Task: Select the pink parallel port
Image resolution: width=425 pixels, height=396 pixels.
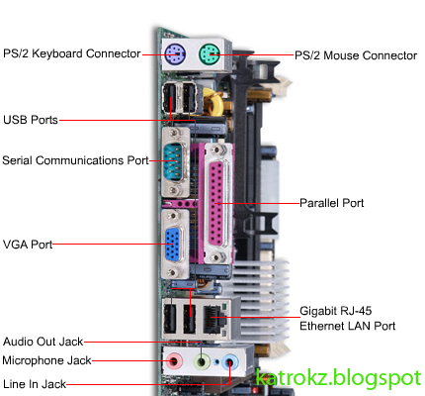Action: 216,203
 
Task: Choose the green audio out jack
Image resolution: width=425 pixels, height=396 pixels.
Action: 204,362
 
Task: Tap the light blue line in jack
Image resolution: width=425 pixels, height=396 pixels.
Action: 230,362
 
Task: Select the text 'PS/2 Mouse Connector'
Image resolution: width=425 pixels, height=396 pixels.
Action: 355,55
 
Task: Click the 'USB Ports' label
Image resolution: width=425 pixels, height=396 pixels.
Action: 31,120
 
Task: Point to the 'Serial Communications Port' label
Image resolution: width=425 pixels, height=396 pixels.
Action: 75,158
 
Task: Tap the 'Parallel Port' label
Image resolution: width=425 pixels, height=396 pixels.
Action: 332,202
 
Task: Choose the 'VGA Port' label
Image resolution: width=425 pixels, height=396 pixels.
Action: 27,243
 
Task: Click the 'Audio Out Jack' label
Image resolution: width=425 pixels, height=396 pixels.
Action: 43,340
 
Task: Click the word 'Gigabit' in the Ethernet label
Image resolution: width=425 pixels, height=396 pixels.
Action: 320,309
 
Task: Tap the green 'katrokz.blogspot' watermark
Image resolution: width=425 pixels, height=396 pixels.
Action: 337,377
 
